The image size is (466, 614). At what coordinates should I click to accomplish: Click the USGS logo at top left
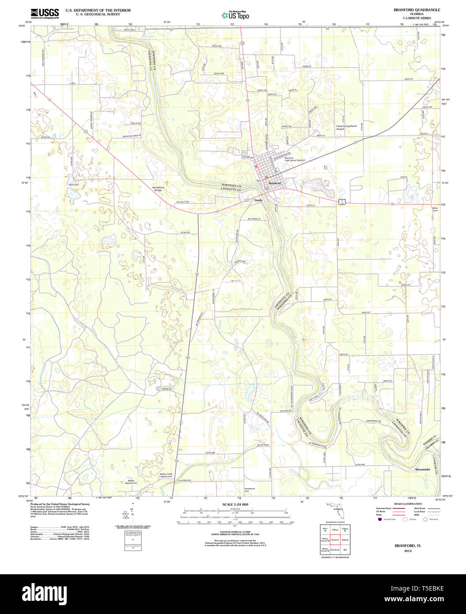45,13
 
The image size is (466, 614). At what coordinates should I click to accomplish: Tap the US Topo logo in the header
235,15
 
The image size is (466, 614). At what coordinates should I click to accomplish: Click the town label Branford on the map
275,183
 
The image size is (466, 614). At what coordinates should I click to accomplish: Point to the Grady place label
258,200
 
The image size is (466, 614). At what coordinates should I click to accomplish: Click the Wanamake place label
422,469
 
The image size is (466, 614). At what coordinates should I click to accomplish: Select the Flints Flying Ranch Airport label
346,127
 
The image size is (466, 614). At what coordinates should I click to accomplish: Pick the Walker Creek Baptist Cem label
166,475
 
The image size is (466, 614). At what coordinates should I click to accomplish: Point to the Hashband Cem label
250,489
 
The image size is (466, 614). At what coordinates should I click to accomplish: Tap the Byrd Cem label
74,184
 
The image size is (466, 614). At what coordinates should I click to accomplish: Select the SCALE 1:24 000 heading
235,504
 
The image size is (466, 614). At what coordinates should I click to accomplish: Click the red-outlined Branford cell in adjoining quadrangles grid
335,540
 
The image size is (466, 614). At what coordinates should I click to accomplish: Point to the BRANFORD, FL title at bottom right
408,546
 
